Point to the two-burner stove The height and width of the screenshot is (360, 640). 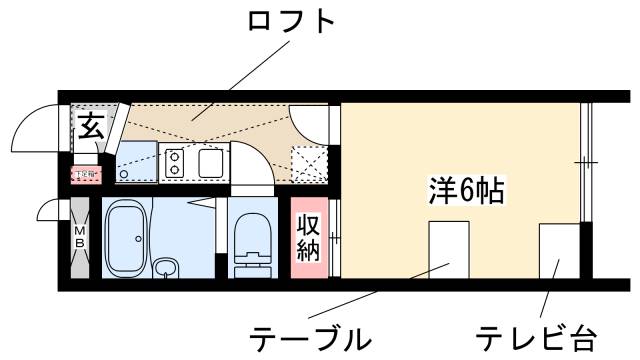tap(175, 161)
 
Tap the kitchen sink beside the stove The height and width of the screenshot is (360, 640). tap(211, 161)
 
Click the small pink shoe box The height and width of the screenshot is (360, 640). tap(85, 174)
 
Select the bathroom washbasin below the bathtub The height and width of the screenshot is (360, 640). tap(165, 268)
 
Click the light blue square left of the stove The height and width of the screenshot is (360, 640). tap(137, 160)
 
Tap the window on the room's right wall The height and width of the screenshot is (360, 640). tap(586, 160)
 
